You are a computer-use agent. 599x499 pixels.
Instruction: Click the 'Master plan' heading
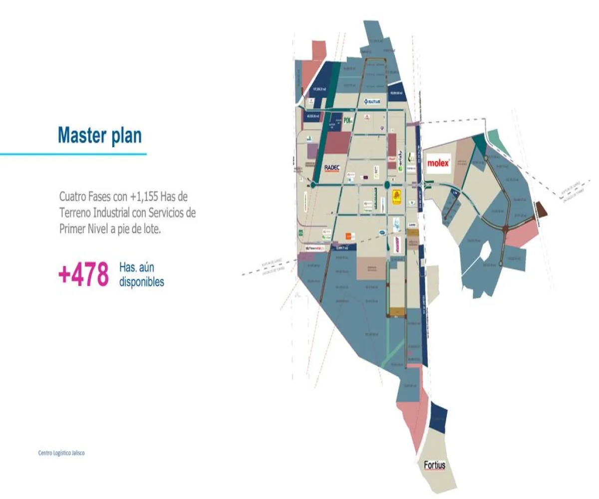click(100, 135)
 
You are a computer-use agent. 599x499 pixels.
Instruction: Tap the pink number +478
click(83, 274)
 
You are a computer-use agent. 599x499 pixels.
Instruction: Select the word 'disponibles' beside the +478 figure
click(142, 281)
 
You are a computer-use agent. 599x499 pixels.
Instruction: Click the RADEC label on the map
click(332, 168)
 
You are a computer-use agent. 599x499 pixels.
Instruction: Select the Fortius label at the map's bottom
click(434, 466)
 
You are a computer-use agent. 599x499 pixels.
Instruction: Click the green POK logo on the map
click(348, 120)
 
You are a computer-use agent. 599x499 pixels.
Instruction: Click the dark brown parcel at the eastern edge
click(541, 210)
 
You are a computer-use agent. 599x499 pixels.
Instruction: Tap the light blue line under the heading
click(73, 154)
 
